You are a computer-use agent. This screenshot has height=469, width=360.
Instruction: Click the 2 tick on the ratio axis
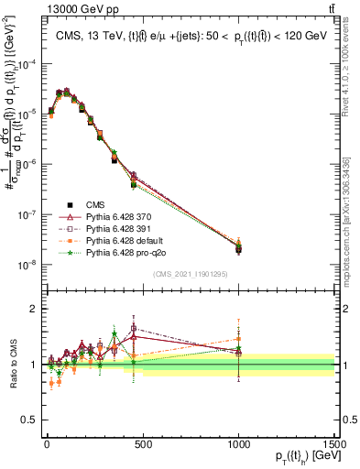point(33,309)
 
